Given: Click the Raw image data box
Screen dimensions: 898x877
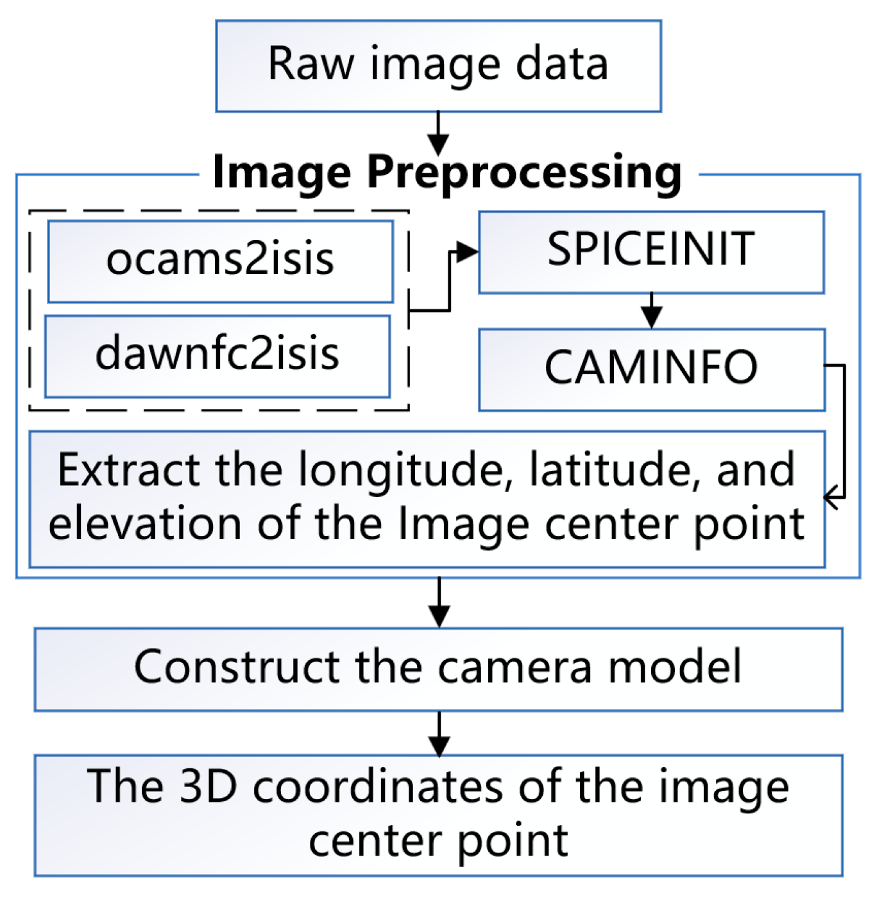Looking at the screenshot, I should point(438,66).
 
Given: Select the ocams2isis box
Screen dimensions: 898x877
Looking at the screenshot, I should point(220,261).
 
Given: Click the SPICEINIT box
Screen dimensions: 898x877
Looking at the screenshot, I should point(651,252).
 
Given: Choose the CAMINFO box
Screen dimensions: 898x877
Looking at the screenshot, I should point(651,369).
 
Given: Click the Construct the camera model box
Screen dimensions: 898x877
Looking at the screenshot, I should point(438,669).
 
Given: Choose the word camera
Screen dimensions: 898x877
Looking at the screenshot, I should point(515,668).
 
